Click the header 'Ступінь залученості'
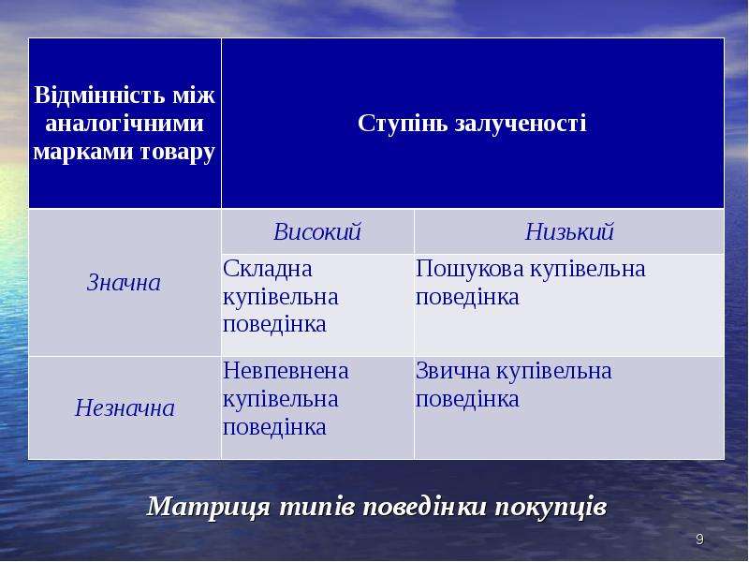coord(472,124)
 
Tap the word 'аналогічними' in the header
coord(125,124)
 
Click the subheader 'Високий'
coord(317,231)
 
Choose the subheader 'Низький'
coord(569,231)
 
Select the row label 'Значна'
coord(124,283)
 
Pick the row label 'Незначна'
coord(125,408)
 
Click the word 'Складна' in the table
coord(268,269)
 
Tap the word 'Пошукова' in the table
coord(470,269)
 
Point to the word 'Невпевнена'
coord(286,371)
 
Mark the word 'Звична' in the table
coord(453,371)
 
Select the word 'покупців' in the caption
coord(551,507)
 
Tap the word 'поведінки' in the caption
coord(425,507)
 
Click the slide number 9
coord(699,540)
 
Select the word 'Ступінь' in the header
coord(402,124)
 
